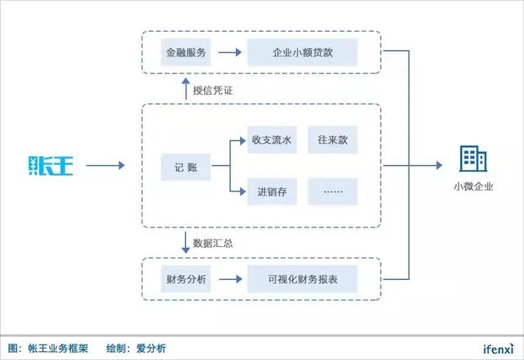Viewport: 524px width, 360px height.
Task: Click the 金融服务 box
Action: [x=186, y=54]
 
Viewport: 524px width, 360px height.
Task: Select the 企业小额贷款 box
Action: [x=303, y=54]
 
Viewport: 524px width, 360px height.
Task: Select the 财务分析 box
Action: [x=186, y=280]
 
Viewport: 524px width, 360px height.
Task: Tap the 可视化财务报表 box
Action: [x=303, y=280]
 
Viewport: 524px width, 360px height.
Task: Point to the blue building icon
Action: [x=470, y=159]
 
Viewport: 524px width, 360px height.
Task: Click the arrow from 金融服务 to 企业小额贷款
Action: [x=228, y=54]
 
